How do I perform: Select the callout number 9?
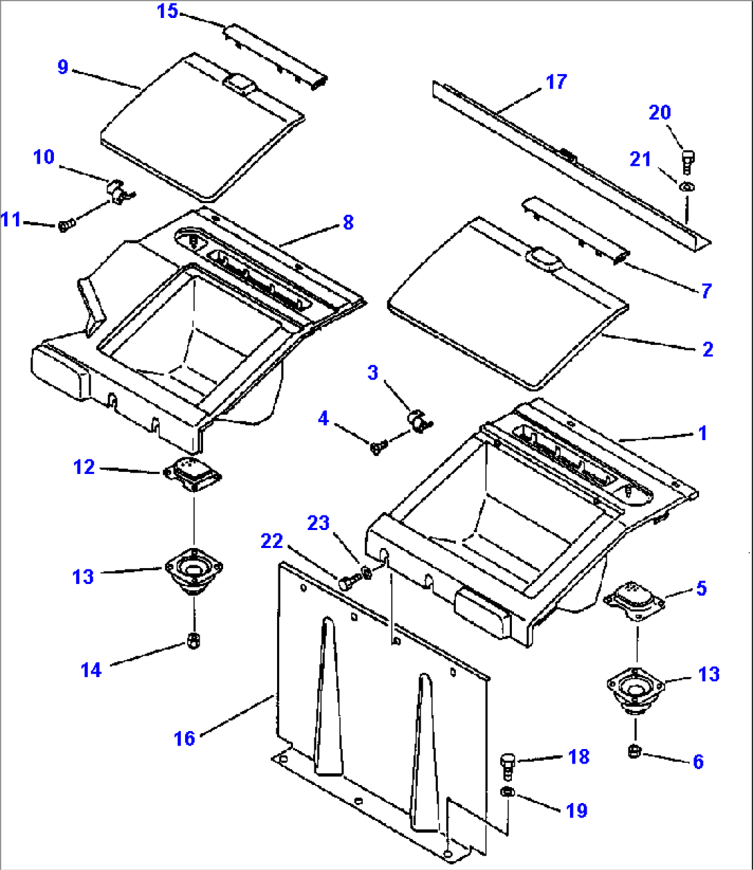click(x=63, y=67)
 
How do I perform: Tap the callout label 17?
click(x=556, y=82)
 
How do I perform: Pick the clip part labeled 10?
click(x=119, y=191)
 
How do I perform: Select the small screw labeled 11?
click(x=64, y=225)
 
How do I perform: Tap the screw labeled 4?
click(x=376, y=448)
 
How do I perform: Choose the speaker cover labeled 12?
click(x=192, y=475)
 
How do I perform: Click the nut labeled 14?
click(x=194, y=641)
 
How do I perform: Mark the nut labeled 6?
click(x=633, y=751)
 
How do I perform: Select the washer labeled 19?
click(x=506, y=792)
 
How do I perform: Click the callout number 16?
click(x=184, y=739)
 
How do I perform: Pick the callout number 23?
click(x=318, y=523)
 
